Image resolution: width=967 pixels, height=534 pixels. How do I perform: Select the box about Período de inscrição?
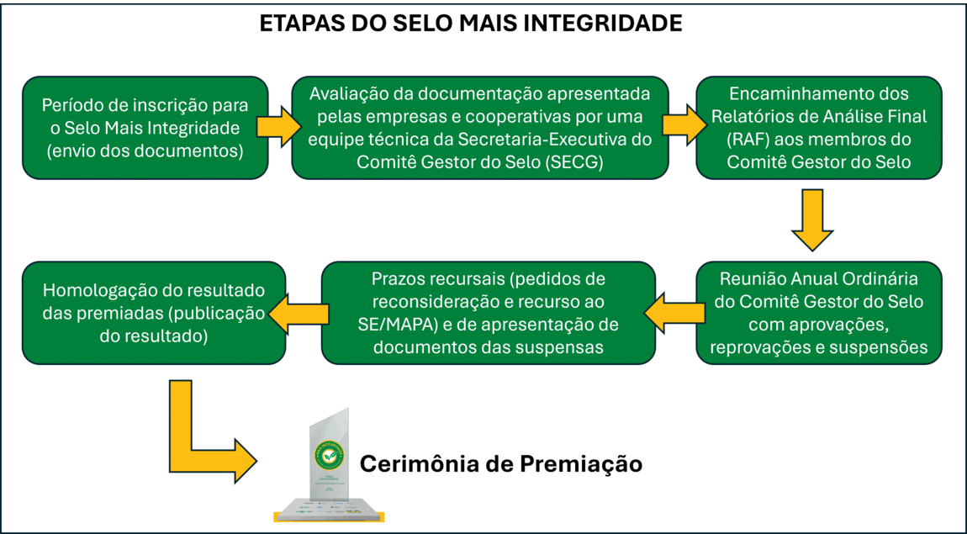[x=145, y=128]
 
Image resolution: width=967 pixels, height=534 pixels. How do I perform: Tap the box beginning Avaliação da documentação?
[x=479, y=127]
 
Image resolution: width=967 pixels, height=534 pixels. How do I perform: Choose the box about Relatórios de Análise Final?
[x=818, y=127]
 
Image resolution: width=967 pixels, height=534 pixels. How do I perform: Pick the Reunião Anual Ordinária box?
[x=818, y=312]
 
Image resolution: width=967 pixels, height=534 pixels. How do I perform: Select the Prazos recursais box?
[x=488, y=312]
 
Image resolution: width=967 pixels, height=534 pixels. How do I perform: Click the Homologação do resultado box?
[x=154, y=313]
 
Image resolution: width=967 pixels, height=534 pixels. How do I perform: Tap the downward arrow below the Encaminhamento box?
[x=812, y=219]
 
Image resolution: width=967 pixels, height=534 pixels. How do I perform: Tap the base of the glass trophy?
[x=327, y=506]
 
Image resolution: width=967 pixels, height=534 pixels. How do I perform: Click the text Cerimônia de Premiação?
[x=501, y=463]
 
